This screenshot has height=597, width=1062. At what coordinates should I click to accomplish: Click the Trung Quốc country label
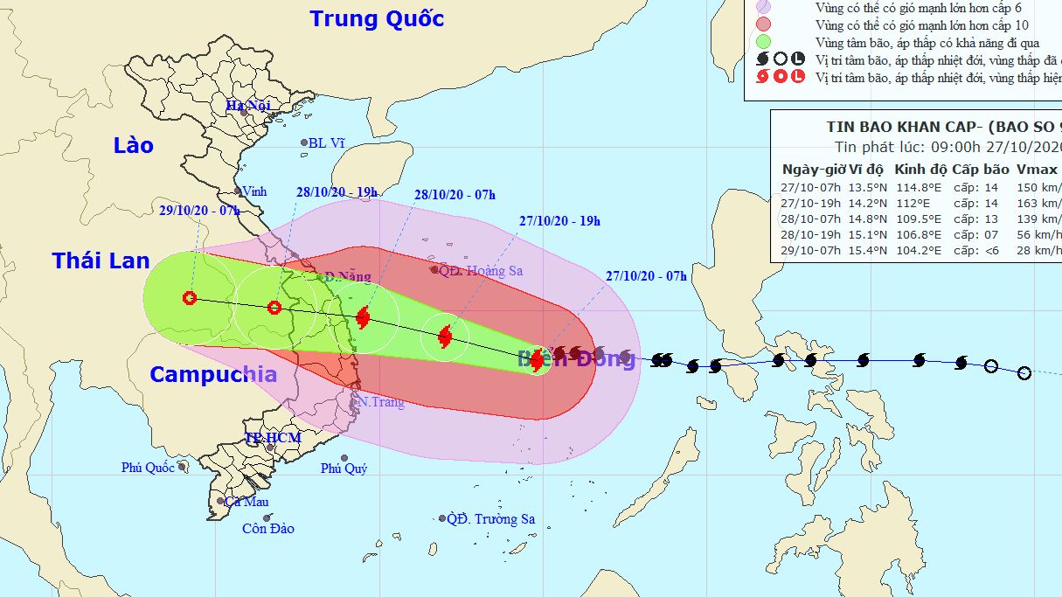click(377, 18)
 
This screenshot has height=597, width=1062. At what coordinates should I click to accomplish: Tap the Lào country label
click(134, 145)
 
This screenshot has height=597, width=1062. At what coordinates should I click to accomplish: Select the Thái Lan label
click(101, 260)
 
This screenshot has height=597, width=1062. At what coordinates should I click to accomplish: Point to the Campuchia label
click(213, 375)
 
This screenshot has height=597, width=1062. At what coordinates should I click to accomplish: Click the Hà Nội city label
click(248, 106)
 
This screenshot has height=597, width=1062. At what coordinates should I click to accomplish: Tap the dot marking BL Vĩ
click(304, 142)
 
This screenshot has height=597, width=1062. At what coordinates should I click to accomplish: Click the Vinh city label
click(254, 191)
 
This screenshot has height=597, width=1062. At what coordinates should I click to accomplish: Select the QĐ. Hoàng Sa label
click(480, 271)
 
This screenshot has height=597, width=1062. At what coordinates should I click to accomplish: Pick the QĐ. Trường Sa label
click(490, 519)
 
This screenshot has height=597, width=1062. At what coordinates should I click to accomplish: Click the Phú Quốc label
click(148, 468)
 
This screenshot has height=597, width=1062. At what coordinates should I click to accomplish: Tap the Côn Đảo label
click(268, 528)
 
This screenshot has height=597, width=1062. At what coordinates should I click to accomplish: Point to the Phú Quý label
click(344, 469)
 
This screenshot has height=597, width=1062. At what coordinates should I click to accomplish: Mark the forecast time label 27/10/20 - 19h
click(559, 221)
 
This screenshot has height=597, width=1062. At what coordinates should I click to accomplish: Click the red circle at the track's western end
click(190, 298)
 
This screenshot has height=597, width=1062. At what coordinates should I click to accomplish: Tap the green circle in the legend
click(763, 42)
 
